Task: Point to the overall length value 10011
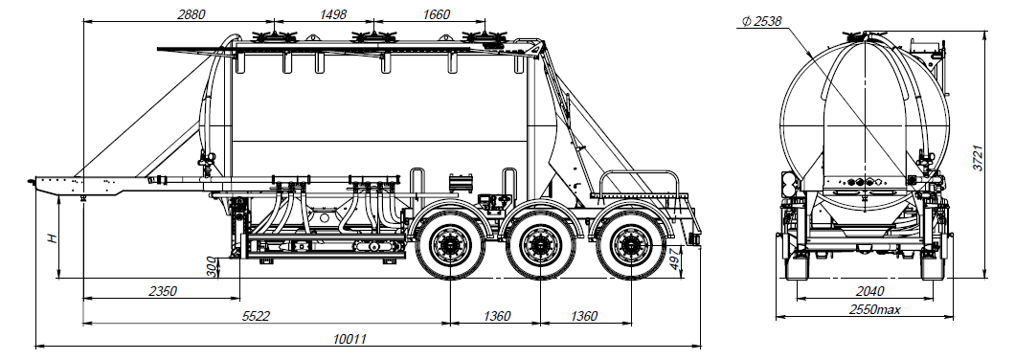click(x=350, y=339)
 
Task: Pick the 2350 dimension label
click(x=162, y=291)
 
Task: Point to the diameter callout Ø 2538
click(x=761, y=21)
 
